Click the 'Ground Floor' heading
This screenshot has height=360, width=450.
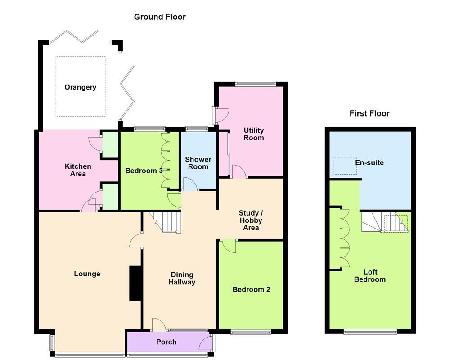[160, 17]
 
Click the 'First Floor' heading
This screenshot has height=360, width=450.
[369, 113]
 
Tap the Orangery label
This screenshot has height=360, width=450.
[80, 87]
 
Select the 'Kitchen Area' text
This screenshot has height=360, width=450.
[78, 170]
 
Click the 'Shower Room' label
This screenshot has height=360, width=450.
[198, 163]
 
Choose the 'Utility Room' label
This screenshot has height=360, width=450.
[254, 134]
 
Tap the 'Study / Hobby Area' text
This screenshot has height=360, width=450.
[251, 220]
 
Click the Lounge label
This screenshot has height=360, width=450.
[87, 274]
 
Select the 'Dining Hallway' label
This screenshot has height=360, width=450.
[182, 279]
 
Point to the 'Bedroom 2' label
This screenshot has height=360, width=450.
[251, 289]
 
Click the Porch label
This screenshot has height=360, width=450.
[166, 342]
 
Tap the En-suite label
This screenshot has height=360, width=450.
[369, 162]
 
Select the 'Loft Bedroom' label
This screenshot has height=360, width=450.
[370, 275]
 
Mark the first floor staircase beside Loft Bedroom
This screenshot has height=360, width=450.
[385, 222]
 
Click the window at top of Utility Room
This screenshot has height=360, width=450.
[255, 83]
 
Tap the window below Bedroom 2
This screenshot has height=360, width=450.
[251, 333]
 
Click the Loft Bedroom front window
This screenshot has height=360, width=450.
[370, 333]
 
